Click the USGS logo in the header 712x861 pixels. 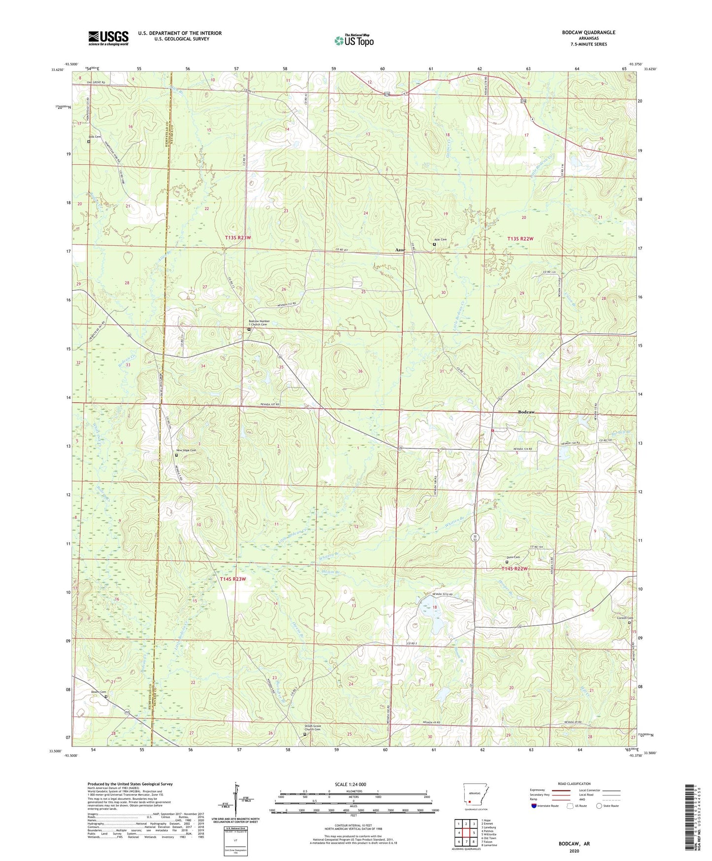pos(108,38)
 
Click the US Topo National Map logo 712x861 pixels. pos(354,40)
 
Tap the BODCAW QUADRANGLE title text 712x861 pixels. pos(588,33)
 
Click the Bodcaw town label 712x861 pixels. pos(526,412)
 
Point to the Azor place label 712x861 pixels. pos(400,250)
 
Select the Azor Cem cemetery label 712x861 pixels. pos(440,240)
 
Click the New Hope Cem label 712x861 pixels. pos(186,450)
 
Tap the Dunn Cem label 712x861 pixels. pos(513,557)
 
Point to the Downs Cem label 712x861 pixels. pos(99,692)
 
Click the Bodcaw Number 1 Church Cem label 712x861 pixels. pos(259,323)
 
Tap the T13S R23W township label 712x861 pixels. pos(238,238)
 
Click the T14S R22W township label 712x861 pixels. pos(514,569)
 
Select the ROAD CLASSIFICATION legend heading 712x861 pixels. pos(574,784)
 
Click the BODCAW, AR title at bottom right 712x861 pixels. pos(574,844)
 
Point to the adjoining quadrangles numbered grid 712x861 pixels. pos(466,833)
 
